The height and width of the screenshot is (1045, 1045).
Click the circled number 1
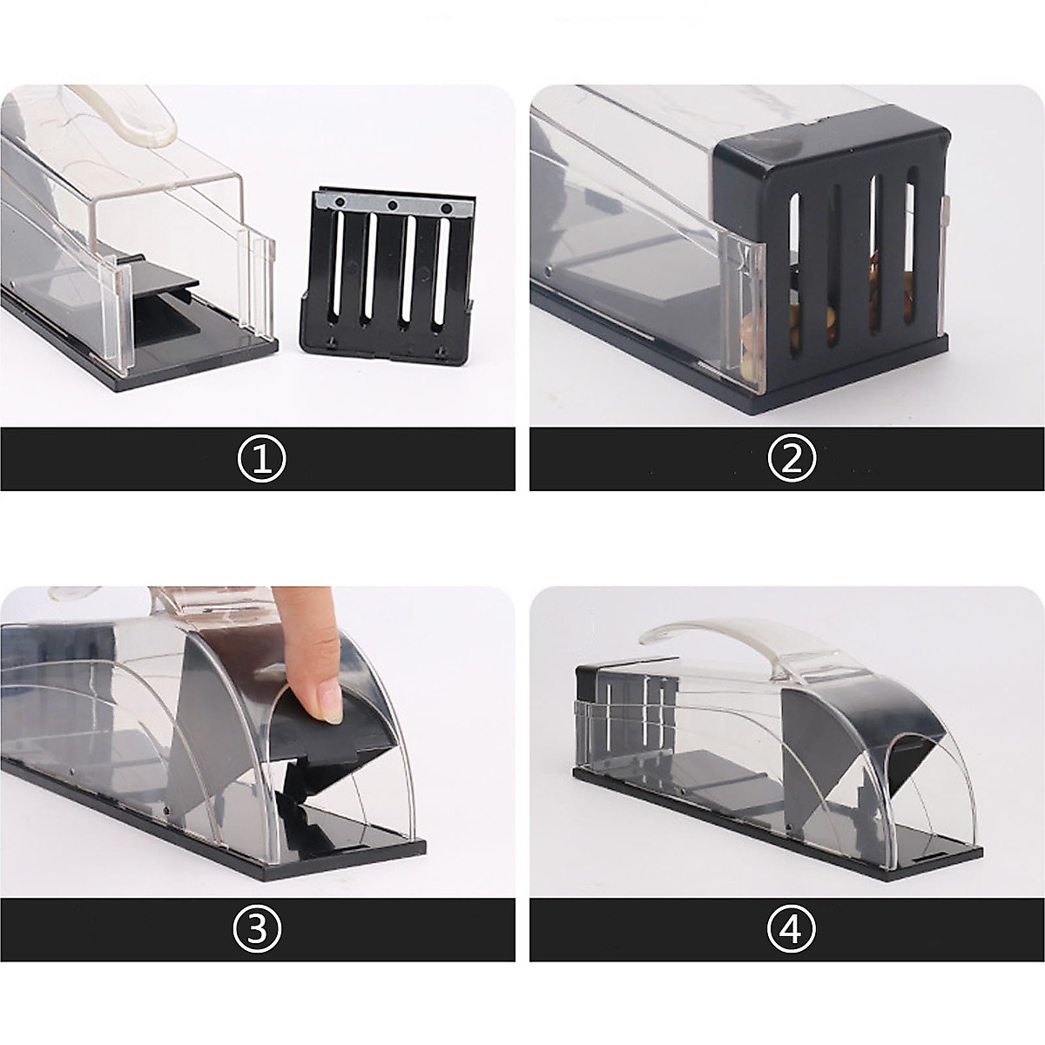click(x=261, y=459)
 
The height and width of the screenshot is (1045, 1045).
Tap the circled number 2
click(x=791, y=459)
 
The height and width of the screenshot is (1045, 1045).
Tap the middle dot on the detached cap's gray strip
click(x=393, y=206)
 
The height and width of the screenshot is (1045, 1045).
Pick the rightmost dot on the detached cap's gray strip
click(x=447, y=209)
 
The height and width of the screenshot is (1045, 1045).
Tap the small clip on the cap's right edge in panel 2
click(x=947, y=209)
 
